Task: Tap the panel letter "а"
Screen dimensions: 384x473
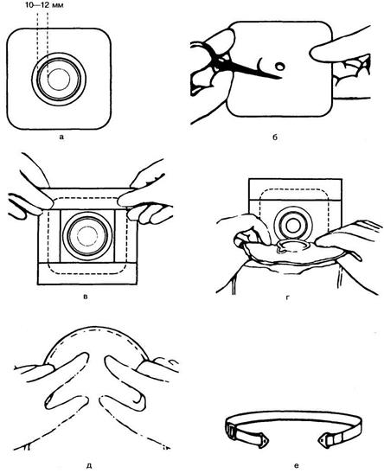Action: point(62,137)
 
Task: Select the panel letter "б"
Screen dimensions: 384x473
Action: point(275,137)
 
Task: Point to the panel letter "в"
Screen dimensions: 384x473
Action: point(86,297)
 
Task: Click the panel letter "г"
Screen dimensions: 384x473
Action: point(287,298)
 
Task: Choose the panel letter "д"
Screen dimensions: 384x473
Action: point(90,466)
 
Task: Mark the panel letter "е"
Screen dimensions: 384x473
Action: point(296,466)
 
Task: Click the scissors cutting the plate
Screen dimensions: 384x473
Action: point(233,66)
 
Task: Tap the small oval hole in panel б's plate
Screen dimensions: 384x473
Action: point(280,66)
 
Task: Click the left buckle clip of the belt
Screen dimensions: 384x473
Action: point(231,429)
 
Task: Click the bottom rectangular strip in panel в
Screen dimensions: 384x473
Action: point(87,273)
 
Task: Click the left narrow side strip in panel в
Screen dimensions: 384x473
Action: point(49,236)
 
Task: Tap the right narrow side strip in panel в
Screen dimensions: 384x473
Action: point(126,236)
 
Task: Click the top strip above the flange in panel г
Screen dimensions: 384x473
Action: point(295,189)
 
